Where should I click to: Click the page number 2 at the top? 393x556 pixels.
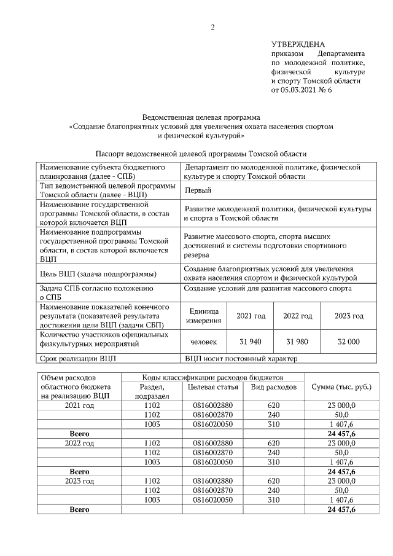(212, 26)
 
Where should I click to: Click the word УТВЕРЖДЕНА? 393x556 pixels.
(298, 44)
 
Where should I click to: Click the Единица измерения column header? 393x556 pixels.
(204, 316)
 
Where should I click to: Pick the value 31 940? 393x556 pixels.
(251, 342)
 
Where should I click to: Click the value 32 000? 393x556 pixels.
(348, 342)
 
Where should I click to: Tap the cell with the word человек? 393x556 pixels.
(204, 342)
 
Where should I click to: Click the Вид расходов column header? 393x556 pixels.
(274, 387)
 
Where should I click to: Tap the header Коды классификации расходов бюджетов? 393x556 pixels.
(213, 376)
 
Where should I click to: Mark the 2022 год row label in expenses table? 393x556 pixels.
(79, 442)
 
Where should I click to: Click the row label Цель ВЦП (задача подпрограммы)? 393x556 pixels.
(97, 273)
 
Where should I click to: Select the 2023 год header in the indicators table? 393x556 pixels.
(348, 316)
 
